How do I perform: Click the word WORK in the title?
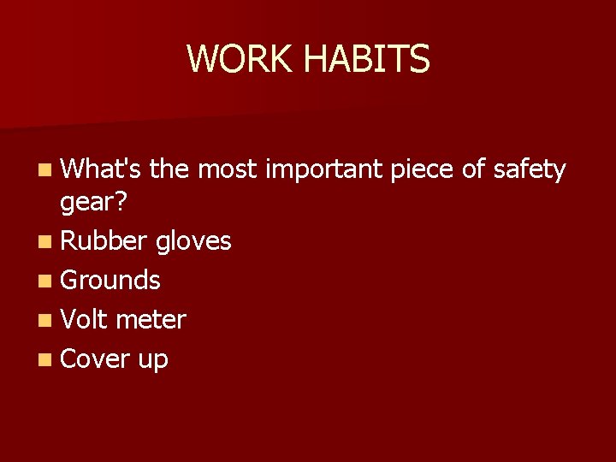(x=240, y=59)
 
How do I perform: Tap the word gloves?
(x=193, y=241)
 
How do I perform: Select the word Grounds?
(x=110, y=280)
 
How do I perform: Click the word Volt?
(x=85, y=319)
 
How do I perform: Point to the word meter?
(x=151, y=319)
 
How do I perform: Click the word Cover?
(x=95, y=358)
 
